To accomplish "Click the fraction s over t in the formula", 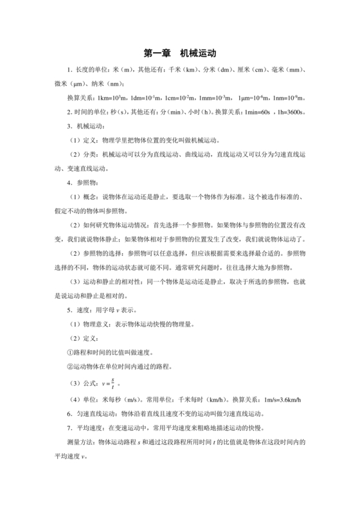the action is pyautogui.click(x=113, y=384).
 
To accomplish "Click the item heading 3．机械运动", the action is pyautogui.click(x=85, y=126).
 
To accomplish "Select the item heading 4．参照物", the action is pyautogui.click(x=81, y=182).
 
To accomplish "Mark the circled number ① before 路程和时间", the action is pyautogui.click(x=70, y=353).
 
